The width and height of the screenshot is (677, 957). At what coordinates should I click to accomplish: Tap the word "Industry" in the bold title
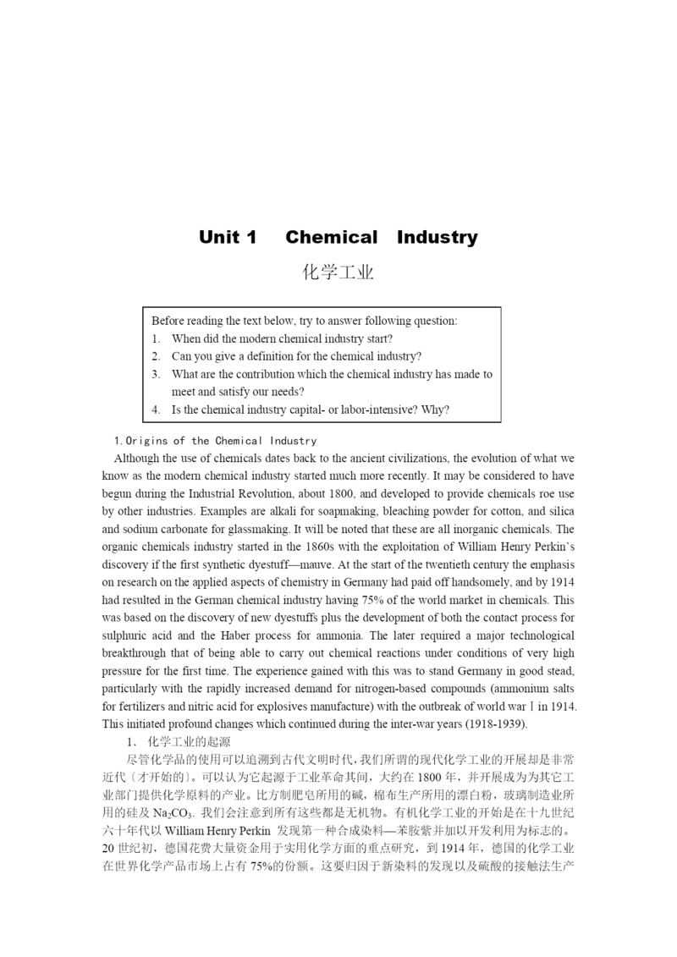pos(437,237)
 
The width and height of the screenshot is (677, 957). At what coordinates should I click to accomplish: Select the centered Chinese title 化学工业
pos(338,272)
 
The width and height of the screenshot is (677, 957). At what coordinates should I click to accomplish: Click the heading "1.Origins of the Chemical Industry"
pos(215,440)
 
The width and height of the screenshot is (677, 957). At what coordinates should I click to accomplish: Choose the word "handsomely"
pos(477,582)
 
